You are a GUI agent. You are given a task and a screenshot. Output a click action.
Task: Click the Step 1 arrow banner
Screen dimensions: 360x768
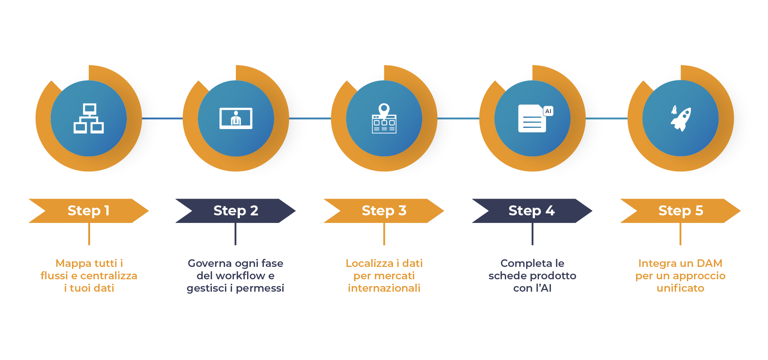[x=89, y=211]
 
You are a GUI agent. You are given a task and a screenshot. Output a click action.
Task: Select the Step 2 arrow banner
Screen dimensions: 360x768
[x=235, y=211]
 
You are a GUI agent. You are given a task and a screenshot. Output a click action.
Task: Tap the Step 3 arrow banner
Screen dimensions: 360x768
[x=384, y=211]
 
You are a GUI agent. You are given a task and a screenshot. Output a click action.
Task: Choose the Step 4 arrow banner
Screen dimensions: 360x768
[x=532, y=211]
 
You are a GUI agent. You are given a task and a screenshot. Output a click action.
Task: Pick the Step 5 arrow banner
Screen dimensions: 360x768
[x=680, y=211]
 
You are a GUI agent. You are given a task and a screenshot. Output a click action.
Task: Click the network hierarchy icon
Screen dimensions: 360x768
[x=89, y=118]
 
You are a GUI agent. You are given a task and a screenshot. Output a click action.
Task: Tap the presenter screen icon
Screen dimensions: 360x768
[x=236, y=118]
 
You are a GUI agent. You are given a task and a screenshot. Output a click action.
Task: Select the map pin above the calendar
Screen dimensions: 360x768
[x=384, y=109]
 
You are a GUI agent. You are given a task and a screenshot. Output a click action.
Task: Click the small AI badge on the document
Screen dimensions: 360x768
[x=548, y=111]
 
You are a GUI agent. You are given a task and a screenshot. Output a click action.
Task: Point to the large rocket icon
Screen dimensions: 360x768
[x=682, y=119]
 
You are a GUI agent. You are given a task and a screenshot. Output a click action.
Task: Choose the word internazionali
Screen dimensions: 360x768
[x=384, y=288]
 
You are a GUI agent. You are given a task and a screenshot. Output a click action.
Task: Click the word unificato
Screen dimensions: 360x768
[x=680, y=288]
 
